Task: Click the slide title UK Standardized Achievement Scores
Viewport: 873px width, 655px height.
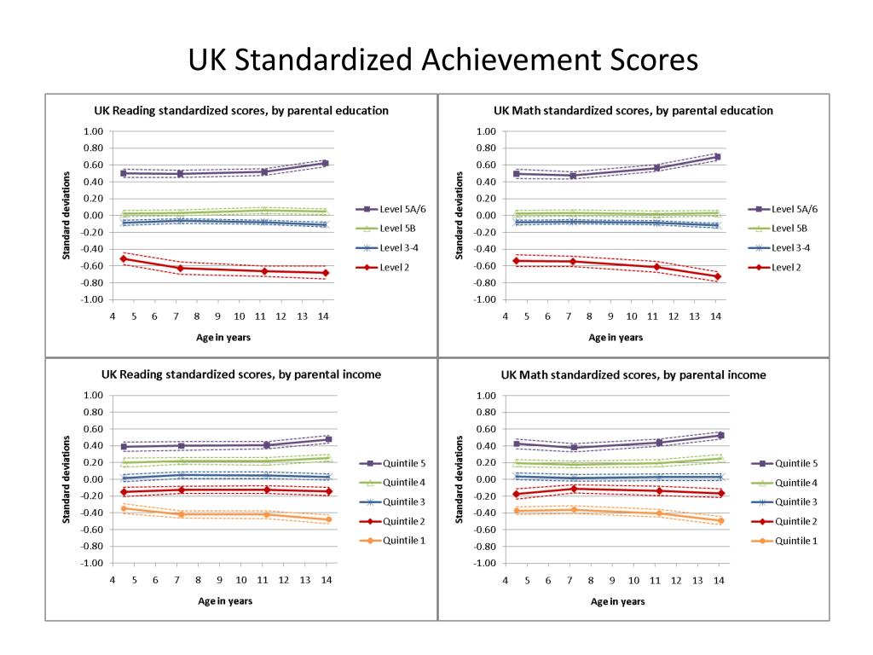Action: tap(442, 60)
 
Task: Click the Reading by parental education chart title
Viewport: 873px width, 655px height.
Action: tap(240, 110)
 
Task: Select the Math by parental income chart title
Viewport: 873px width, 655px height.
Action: tap(633, 374)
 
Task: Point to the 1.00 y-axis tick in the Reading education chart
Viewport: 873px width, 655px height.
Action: tap(93, 131)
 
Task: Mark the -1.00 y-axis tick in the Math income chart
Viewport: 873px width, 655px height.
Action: tap(484, 564)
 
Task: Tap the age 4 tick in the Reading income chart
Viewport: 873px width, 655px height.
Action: tap(113, 581)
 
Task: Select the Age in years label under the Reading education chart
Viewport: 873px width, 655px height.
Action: tap(224, 337)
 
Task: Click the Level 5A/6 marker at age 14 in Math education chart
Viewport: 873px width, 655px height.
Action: tap(718, 157)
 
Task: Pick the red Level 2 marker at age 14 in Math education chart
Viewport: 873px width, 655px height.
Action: tap(718, 276)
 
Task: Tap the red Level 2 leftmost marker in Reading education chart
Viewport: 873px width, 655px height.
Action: tap(124, 258)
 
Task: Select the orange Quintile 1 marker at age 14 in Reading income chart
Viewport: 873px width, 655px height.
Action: tap(328, 519)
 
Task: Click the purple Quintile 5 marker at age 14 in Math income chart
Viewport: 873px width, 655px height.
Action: tap(720, 435)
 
